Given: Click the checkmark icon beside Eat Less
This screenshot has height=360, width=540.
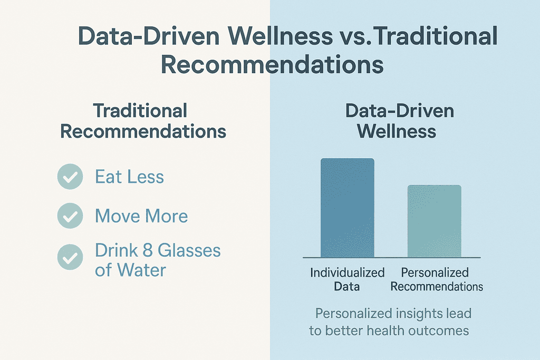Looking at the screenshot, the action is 70,177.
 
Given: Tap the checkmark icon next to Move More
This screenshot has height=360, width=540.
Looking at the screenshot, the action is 70,216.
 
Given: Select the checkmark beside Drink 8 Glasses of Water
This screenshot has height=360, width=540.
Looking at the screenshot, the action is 70,257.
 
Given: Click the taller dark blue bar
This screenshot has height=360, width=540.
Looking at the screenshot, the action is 348,208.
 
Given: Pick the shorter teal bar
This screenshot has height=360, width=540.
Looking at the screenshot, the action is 435,221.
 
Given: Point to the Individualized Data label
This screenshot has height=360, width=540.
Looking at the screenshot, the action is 347,279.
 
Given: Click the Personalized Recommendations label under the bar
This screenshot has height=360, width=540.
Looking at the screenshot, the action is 437,279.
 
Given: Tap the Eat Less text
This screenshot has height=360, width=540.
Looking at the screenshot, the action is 130,177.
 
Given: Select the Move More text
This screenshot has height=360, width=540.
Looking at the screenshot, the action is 141,216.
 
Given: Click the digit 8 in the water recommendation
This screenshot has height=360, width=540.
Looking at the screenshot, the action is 148,250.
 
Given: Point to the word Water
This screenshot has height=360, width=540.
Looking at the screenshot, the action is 141,270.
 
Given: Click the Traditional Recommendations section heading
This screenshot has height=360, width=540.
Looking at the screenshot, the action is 143,121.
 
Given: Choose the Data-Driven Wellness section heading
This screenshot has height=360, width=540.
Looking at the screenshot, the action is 400,121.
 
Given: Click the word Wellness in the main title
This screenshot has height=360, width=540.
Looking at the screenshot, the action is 280,35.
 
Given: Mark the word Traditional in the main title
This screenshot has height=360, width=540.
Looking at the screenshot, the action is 435,35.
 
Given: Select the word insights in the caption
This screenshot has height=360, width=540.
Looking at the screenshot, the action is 419,314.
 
